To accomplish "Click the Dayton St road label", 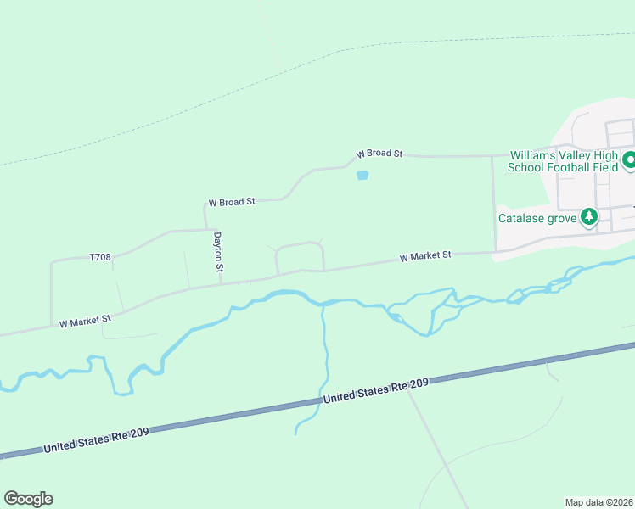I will tap(218, 252).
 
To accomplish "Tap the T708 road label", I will tap(100, 256).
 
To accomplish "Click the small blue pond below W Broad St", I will tap(362, 176).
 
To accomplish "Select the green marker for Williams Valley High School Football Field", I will tap(629, 159).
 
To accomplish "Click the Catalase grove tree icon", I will tap(588, 217).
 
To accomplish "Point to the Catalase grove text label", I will tap(537, 218).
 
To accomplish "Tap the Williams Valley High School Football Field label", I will tap(563, 161).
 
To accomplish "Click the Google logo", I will tap(28, 499).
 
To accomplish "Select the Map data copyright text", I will tap(598, 501).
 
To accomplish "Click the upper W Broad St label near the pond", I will tap(379, 154).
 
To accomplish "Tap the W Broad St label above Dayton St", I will tap(232, 202).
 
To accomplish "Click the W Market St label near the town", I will tap(424, 255).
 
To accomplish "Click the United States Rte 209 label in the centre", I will tap(376, 391).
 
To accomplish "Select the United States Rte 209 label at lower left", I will tap(97, 439).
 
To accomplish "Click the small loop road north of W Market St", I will tap(300, 246).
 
